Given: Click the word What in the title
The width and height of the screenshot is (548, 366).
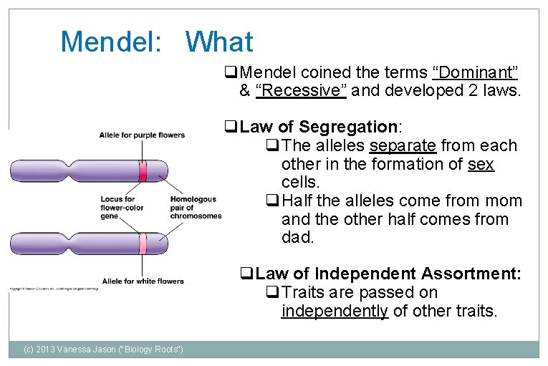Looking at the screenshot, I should click(x=219, y=42).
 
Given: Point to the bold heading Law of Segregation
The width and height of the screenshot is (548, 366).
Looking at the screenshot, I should click(x=319, y=127).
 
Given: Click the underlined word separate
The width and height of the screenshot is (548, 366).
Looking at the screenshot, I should click(x=403, y=146).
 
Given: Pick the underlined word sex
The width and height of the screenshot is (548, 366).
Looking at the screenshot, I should click(x=481, y=164).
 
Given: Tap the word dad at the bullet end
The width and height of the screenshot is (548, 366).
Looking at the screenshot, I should click(x=298, y=238).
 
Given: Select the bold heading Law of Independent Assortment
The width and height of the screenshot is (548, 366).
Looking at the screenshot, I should click(x=388, y=274).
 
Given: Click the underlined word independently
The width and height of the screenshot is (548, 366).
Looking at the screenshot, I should click(x=335, y=311).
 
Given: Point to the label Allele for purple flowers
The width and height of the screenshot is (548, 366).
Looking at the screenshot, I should click(x=142, y=135).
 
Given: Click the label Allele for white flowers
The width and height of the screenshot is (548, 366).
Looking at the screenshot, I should click(x=143, y=281).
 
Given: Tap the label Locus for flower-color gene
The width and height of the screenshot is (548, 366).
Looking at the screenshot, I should click(x=122, y=208).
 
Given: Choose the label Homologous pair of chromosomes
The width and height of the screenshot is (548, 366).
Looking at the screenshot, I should click(x=195, y=208).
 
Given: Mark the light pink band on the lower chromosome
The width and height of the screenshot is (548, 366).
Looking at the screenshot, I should click(x=143, y=244).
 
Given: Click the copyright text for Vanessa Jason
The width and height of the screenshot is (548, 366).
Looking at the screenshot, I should click(x=103, y=349).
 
